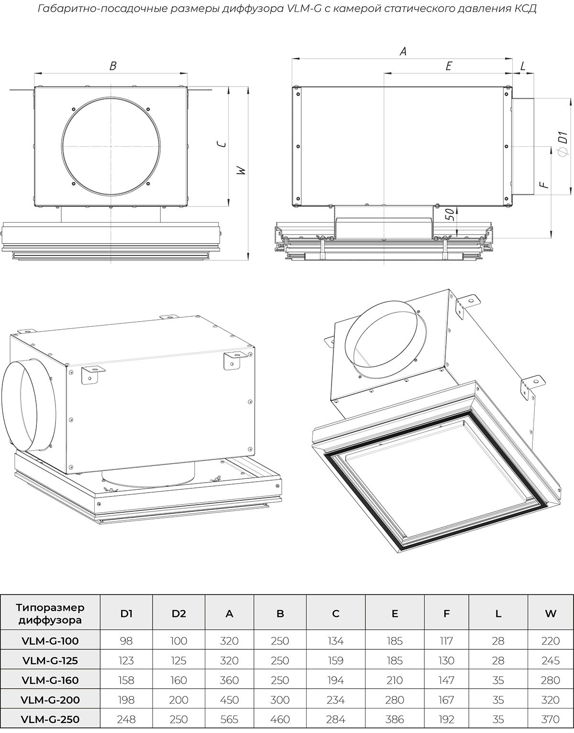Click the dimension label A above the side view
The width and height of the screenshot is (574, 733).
(403, 52)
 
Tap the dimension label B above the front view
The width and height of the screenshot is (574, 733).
(113, 66)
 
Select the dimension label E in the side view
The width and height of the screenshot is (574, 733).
(448, 66)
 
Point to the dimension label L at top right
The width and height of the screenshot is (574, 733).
(522, 66)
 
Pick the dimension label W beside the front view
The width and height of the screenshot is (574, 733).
(242, 171)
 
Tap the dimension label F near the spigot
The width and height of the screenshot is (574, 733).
(542, 185)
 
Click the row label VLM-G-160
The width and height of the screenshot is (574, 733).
(50, 680)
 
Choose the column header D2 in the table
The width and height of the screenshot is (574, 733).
(178, 614)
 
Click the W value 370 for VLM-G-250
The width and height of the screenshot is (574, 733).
(551, 719)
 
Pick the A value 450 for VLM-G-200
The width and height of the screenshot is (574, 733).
(229, 700)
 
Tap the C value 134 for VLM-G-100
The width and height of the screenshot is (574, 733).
(335, 641)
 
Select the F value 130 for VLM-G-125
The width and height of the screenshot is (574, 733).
(446, 660)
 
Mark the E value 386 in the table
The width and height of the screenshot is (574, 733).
(394, 719)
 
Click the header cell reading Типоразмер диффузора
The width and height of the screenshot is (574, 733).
(50, 614)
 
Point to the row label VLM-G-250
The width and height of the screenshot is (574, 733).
(50, 719)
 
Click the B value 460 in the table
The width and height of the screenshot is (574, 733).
(280, 719)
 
